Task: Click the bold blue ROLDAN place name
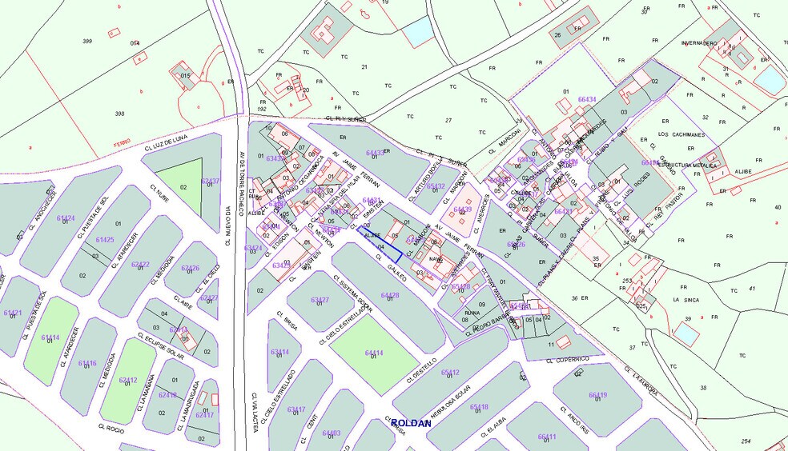[411, 423]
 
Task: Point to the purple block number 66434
[587, 100]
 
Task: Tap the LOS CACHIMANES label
[681, 134]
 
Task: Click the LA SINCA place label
[686, 300]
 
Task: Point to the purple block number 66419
[598, 395]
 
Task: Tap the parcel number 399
[87, 41]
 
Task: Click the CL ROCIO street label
[115, 429]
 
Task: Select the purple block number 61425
[105, 240]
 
